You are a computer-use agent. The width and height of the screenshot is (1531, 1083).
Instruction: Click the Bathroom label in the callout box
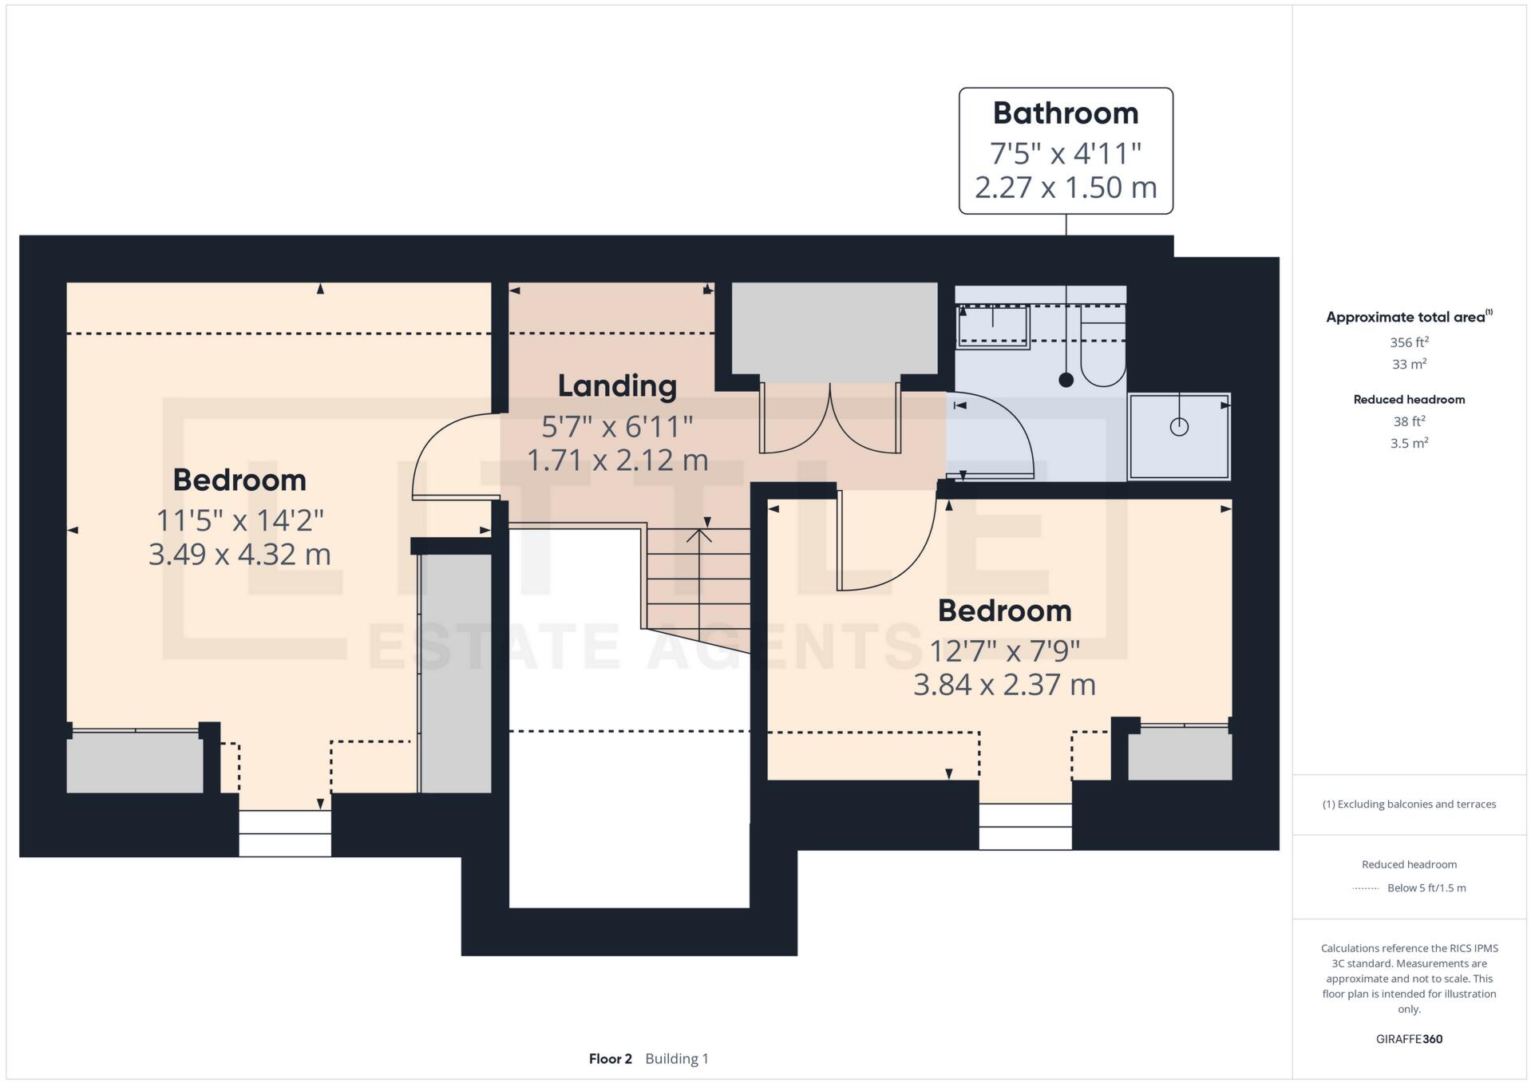tap(1066, 113)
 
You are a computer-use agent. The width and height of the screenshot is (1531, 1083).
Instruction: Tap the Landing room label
tap(617, 386)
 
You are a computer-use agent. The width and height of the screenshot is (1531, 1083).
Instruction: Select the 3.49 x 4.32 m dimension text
tap(239, 554)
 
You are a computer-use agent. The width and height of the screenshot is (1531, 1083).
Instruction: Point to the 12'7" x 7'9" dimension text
tap(1004, 651)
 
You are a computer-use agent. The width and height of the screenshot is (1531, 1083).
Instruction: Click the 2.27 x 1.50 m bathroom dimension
tap(1066, 187)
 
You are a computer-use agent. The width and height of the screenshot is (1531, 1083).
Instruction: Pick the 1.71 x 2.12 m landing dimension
tap(618, 460)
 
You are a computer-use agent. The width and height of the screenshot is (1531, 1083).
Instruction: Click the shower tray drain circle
tap(1179, 427)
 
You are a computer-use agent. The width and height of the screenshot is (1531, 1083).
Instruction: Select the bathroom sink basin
tap(993, 326)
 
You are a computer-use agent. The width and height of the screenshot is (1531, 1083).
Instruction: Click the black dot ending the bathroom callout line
tap(1066, 380)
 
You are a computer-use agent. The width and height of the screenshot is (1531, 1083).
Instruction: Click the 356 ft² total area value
tap(1409, 342)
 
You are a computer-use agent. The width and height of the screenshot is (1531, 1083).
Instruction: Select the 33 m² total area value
tap(1409, 364)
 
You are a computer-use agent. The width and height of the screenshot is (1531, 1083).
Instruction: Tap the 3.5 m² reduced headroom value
tap(1409, 443)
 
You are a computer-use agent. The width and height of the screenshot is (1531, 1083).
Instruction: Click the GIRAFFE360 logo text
tap(1409, 1039)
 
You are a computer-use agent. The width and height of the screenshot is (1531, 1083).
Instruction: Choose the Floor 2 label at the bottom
tap(611, 1059)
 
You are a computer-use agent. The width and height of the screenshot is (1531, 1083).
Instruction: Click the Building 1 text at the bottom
tap(677, 1059)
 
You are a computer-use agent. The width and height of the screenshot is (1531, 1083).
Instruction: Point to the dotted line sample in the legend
tap(1366, 888)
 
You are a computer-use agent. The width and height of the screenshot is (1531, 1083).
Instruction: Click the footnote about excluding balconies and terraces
tap(1409, 804)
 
